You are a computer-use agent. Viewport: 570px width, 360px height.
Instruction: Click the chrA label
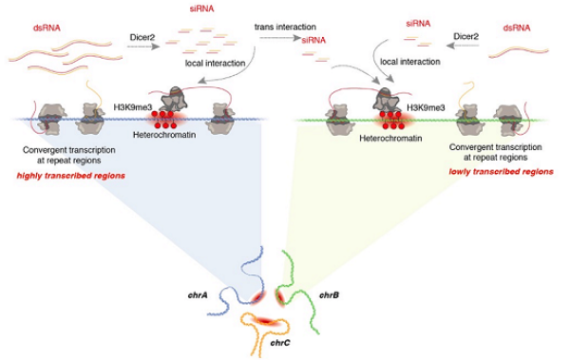(198, 294)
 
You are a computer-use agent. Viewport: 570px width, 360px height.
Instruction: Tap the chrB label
(329, 294)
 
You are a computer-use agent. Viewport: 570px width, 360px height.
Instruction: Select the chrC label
(280, 343)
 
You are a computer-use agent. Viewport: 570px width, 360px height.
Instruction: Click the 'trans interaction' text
(285, 27)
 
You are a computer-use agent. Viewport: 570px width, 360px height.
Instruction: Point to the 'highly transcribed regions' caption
(71, 176)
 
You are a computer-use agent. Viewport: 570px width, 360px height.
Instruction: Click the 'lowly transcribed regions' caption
(501, 172)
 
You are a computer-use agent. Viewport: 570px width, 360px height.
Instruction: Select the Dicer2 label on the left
(142, 37)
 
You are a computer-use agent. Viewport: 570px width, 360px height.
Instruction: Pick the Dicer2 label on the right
(466, 36)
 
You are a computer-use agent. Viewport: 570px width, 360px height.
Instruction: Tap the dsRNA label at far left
(47, 28)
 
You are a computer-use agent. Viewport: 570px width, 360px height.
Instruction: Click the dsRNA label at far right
(517, 28)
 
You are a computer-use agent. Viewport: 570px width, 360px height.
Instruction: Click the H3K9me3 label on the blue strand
(133, 107)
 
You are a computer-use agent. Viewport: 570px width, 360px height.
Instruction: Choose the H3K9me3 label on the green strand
(426, 107)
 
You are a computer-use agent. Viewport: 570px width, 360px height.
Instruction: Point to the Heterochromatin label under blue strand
(164, 135)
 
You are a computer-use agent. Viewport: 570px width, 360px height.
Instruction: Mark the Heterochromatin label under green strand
(390, 138)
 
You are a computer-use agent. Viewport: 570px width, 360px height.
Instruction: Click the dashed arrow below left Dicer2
(143, 47)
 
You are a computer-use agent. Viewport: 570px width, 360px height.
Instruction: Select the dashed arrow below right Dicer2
(463, 46)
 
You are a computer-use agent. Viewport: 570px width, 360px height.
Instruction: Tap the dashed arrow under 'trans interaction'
(280, 37)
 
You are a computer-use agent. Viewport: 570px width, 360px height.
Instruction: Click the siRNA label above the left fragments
(201, 9)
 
